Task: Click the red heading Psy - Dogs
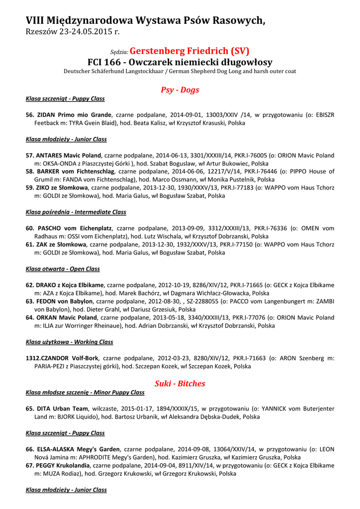[180, 90]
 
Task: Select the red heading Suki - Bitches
[180, 383]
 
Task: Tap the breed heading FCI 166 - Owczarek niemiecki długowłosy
[180, 62]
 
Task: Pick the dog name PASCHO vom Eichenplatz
[75, 228]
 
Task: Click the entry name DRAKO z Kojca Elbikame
[70, 285]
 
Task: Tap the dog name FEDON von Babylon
[64, 301]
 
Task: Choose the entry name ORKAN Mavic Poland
[67, 317]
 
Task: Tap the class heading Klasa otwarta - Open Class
[63, 269]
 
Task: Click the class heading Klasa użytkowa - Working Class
[69, 342]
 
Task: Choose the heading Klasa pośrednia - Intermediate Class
[76, 212]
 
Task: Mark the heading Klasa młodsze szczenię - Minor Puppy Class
[85, 392]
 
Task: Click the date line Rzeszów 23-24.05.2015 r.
[73, 32]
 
